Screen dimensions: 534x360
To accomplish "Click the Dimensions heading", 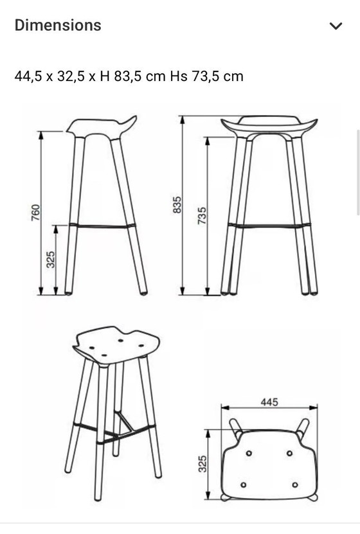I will coord(58,26).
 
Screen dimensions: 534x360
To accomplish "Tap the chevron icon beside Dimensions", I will coord(336,26).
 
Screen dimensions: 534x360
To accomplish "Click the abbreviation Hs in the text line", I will coord(177,76).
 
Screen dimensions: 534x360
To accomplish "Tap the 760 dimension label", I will coord(36,213).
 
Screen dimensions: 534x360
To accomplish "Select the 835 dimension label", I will coord(177,206).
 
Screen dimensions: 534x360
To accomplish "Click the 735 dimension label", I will coord(202,215).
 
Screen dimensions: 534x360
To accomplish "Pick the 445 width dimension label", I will coord(269,402).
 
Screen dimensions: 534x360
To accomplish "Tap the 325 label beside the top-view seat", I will coord(203,463).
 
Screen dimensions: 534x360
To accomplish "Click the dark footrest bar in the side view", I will coord(103,226).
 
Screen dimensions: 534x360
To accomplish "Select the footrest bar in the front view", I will coord(269,226).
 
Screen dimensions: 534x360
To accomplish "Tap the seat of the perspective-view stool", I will coord(117,345).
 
